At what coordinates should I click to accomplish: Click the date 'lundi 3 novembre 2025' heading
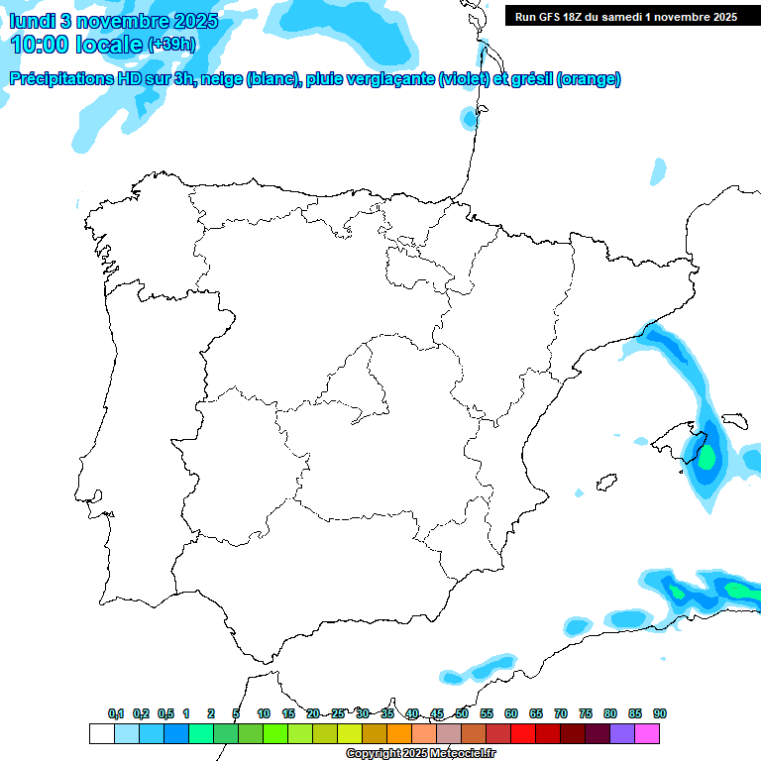[x=114, y=21]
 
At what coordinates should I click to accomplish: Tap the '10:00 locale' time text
[x=77, y=45]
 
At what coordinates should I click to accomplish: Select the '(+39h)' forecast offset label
[x=170, y=45]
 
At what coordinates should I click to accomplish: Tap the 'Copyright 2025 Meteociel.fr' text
[x=420, y=753]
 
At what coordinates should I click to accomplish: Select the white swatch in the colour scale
[x=101, y=733]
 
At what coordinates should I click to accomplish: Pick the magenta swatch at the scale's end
[x=647, y=733]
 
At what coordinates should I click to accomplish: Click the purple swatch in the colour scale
[x=622, y=733]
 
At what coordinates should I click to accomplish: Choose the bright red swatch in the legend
[x=523, y=733]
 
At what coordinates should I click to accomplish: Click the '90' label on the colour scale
[x=660, y=713]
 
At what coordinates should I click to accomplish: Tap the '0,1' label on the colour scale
[x=115, y=713]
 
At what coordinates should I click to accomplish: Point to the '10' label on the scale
[x=264, y=713]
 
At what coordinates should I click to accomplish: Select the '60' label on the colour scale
[x=511, y=713]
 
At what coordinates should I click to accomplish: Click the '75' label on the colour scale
[x=586, y=713]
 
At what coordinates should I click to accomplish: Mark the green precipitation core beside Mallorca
[x=707, y=457]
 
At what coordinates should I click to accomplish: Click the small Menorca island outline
[x=734, y=421]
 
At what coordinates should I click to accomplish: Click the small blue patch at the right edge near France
[x=659, y=171]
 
